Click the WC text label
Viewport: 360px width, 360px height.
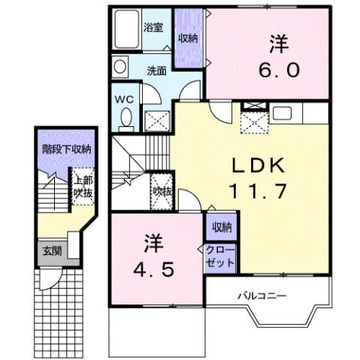124,98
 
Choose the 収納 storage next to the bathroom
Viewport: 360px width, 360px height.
188,38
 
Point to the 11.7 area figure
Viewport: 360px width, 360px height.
256,192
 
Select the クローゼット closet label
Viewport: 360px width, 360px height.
219,256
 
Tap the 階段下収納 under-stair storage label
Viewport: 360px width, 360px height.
66,148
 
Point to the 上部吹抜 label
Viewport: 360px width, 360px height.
83,186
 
